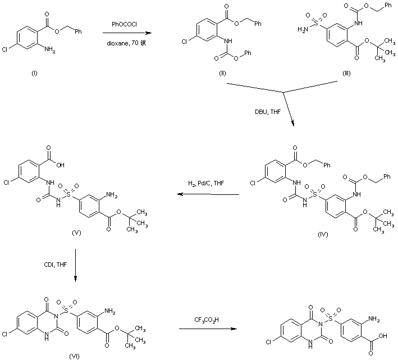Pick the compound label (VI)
click(x=74, y=356)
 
